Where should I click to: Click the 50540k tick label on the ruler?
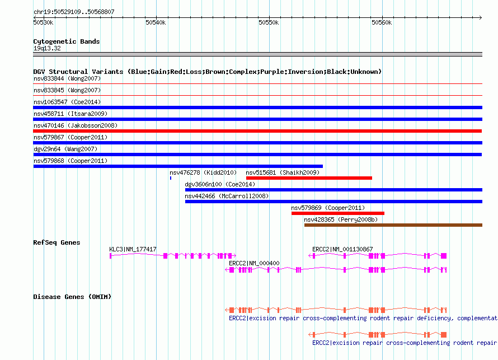(x=156, y=22)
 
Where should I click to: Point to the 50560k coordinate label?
(x=382, y=22)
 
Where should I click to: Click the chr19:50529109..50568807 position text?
(x=74, y=12)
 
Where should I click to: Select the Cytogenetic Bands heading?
(x=67, y=41)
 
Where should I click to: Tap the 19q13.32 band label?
(x=47, y=48)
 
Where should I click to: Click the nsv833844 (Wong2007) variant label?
(x=67, y=78)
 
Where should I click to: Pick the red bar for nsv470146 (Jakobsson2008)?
(x=257, y=131)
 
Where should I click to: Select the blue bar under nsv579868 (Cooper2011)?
(x=178, y=166)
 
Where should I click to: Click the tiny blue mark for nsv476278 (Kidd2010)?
(x=171, y=178)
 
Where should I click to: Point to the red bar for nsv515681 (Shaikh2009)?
(x=309, y=178)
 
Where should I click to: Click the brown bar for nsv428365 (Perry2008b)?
(x=393, y=225)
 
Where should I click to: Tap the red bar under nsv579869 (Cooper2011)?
(x=338, y=213)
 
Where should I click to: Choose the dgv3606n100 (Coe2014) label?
(x=220, y=184)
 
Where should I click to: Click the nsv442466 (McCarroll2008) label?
(x=227, y=196)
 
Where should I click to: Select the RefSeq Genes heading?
(x=57, y=242)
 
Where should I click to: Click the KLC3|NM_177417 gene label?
(x=133, y=250)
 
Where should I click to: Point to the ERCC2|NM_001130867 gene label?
(x=342, y=250)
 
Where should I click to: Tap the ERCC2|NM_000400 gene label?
(x=254, y=263)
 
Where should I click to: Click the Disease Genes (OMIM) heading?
(x=72, y=297)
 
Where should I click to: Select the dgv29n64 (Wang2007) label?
(x=65, y=149)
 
